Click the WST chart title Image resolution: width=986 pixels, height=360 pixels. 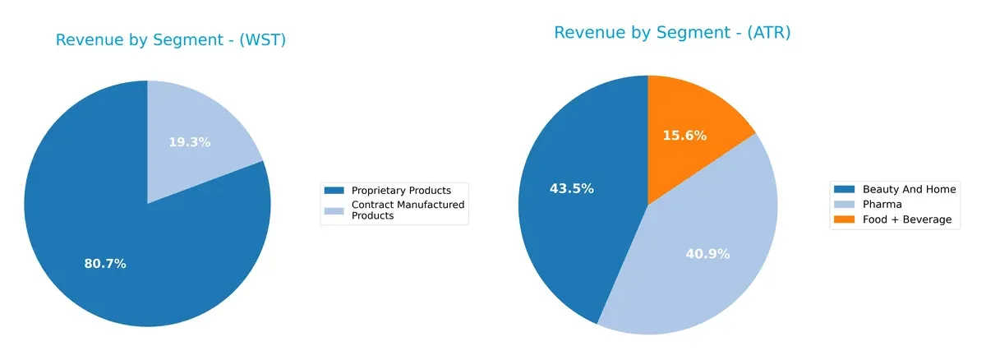pyautogui.click(x=170, y=39)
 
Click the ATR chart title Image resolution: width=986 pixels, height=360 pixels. pyautogui.click(x=671, y=32)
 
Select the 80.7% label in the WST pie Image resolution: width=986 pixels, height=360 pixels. pyautogui.click(x=105, y=264)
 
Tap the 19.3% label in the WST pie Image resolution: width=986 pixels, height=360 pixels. pyautogui.click(x=189, y=142)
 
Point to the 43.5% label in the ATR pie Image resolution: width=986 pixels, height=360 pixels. pyautogui.click(x=572, y=188)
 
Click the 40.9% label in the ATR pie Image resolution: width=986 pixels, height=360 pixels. pyautogui.click(x=707, y=254)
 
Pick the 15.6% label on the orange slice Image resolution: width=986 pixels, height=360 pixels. pyautogui.click(x=684, y=136)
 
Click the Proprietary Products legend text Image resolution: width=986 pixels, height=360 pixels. pyautogui.click(x=401, y=191)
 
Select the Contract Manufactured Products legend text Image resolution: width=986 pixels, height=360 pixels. pyautogui.click(x=408, y=210)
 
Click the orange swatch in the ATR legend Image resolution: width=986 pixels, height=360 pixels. pyautogui.click(x=843, y=219)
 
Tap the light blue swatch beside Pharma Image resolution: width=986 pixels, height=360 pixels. pyautogui.click(x=843, y=204)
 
